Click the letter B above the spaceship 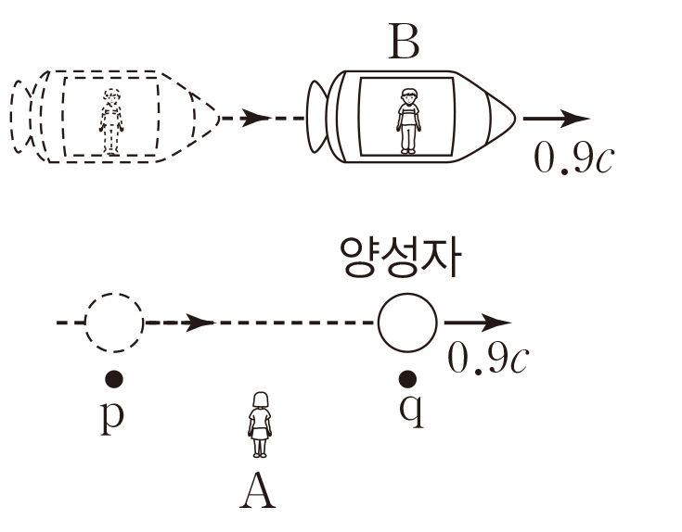pos(405,41)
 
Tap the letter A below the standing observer pos(258,491)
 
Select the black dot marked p pos(114,378)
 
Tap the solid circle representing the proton pos(406,323)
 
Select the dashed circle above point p pos(115,323)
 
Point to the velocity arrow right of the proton pos(477,323)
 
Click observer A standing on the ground pos(259,424)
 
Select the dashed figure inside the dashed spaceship pos(111,120)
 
